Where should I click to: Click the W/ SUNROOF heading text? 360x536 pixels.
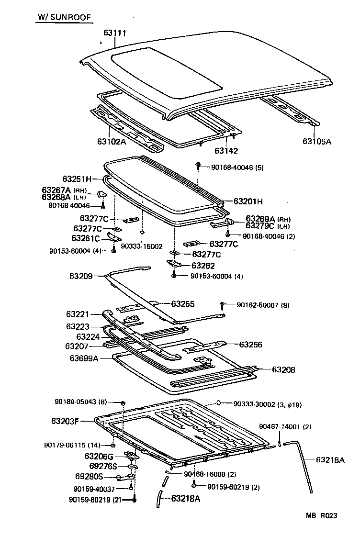pyautogui.click(x=65, y=18)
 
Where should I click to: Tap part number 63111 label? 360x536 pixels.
pyautogui.click(x=115, y=33)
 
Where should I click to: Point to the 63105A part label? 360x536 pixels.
pyautogui.click(x=317, y=141)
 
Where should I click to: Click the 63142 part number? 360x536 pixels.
pyautogui.click(x=226, y=150)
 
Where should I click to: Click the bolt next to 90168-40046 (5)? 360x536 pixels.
pyautogui.click(x=197, y=167)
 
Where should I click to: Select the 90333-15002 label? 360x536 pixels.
pyautogui.click(x=142, y=246)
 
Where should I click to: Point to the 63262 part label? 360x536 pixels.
pyautogui.click(x=203, y=266)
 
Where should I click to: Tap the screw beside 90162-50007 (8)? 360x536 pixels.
pyautogui.click(x=223, y=305)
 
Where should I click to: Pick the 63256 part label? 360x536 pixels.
pyautogui.click(x=251, y=344)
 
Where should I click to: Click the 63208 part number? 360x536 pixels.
pyautogui.click(x=283, y=369)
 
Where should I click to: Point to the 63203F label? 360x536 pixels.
pyautogui.click(x=65, y=421)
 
